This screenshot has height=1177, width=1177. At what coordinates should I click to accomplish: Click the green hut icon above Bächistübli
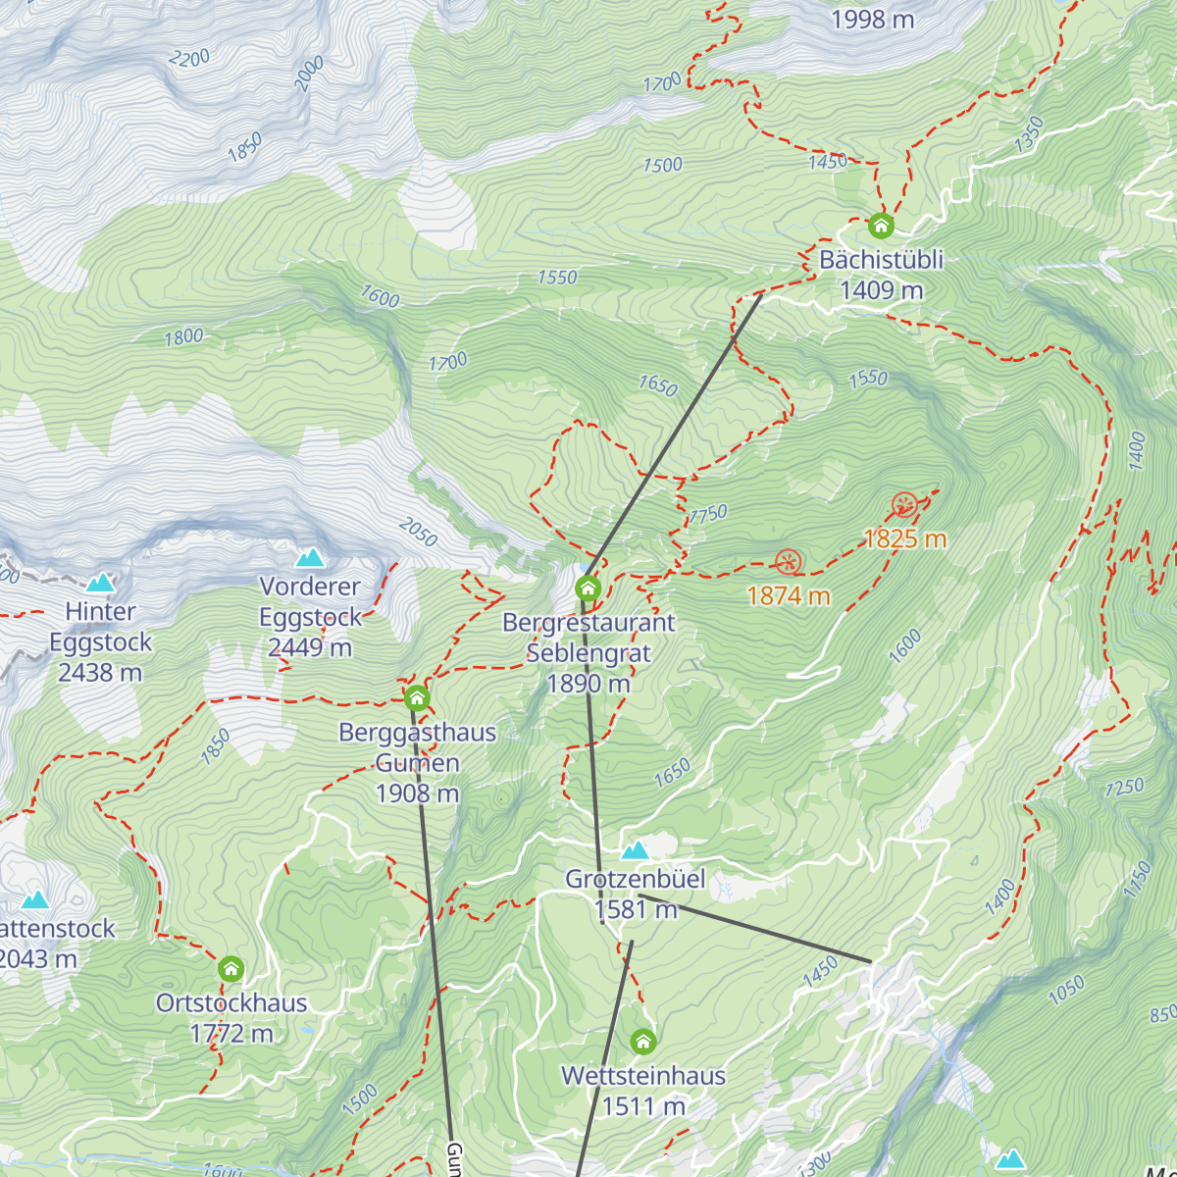click(881, 227)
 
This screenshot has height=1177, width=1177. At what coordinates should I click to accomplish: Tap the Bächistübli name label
click(881, 260)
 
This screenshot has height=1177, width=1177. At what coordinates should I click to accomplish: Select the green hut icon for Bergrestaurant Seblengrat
click(588, 588)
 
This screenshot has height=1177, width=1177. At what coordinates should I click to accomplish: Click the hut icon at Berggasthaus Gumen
click(417, 698)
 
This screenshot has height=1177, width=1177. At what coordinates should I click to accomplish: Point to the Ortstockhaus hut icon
click(230, 969)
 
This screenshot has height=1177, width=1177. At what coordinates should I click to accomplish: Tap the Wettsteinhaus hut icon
click(642, 1041)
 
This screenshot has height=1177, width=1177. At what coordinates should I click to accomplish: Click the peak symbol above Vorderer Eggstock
click(310, 558)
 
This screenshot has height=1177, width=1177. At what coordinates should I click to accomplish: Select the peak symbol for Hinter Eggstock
click(100, 584)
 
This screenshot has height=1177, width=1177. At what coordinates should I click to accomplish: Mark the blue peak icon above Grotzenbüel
click(636, 850)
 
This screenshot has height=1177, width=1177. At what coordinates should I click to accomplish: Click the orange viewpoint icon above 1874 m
click(789, 562)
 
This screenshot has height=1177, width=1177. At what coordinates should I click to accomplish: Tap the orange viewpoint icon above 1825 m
click(904, 506)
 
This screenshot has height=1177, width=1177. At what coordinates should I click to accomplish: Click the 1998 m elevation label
click(872, 19)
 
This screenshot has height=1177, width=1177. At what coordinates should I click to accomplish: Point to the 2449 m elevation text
click(310, 647)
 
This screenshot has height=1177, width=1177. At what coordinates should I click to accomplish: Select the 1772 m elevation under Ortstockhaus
click(231, 1033)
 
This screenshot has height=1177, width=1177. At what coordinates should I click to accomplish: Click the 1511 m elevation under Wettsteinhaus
click(643, 1106)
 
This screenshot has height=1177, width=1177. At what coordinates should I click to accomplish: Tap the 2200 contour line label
click(188, 59)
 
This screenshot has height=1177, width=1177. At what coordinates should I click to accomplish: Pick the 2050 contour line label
click(419, 532)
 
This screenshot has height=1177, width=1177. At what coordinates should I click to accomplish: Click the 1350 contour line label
click(1029, 134)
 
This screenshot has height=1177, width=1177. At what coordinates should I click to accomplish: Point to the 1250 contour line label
click(1124, 787)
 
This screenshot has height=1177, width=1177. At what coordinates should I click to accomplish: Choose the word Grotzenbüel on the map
click(636, 879)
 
